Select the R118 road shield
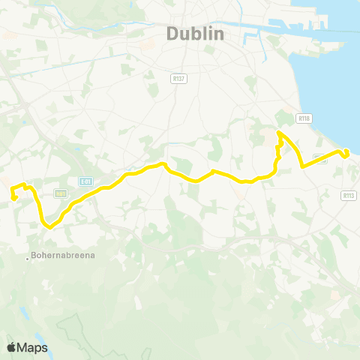pyautogui.click(x=304, y=118)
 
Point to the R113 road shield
pyautogui.click(x=348, y=195)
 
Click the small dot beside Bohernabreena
pyautogui.click(x=28, y=259)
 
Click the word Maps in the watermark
pyautogui.click(x=33, y=348)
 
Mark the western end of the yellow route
pyautogui.click(x=13, y=198)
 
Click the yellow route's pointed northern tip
pyautogui.click(x=278, y=133)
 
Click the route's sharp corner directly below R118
pyautogui.click(x=301, y=166)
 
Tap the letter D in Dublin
pyautogui.click(x=172, y=34)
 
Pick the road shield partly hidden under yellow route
pyautogui.click(x=320, y=157)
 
